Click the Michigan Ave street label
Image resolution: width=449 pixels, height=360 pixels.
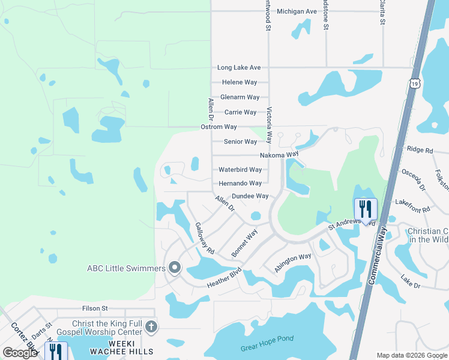coord(297,11)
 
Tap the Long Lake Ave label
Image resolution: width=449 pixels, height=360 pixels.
coord(239,68)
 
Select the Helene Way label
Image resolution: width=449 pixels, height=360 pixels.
coord(240,82)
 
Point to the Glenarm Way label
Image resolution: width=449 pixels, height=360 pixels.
coord(240,97)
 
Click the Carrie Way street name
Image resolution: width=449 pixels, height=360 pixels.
coord(240,112)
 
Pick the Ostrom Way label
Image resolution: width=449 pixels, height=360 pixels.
coord(218,127)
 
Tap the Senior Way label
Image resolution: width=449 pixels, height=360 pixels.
coord(240,142)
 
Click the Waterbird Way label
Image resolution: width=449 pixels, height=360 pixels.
coord(240,170)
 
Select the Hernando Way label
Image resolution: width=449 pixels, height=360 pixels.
coord(240,183)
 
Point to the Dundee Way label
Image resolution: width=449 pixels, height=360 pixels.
coord(250,196)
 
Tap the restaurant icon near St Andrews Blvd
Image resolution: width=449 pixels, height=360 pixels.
coord(365,209)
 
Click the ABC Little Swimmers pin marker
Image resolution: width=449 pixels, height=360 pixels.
coord(175,268)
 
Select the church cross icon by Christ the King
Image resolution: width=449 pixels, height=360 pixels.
coord(151,327)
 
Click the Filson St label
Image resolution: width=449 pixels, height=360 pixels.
coord(95,308)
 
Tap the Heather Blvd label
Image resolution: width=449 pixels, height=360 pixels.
coord(223,277)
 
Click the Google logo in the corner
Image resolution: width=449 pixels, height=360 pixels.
coord(20,353)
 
